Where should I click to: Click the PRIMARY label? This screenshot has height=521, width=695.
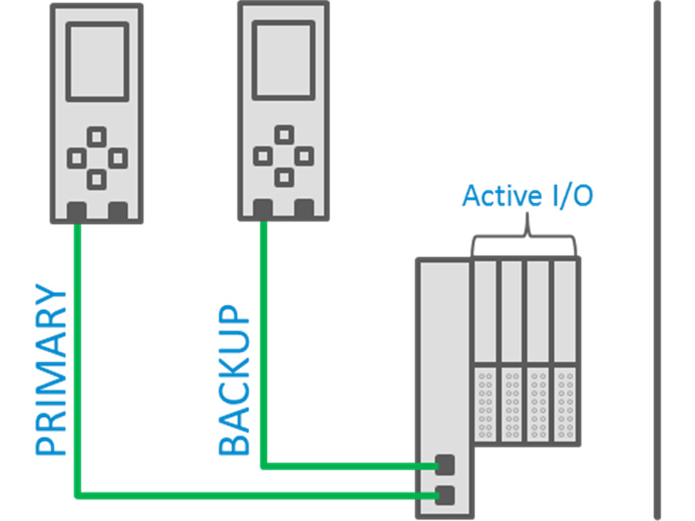coord(50,372)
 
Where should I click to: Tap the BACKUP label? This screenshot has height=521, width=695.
coord(234,379)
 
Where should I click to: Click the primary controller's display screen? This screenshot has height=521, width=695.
coord(97,61)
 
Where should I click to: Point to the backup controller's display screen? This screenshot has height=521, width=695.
coord(283,59)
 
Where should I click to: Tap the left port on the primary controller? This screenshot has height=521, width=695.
coord(76,210)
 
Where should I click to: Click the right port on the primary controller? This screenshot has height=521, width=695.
coord(118,210)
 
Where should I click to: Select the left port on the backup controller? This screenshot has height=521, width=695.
coord(263,208)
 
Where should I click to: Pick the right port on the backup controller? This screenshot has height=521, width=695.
coord(304,208)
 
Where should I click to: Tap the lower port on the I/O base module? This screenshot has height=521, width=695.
coord(445,496)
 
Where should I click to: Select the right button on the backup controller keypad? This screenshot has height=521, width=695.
coord(303,155)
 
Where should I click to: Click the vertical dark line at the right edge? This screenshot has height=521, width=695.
coord(657,260)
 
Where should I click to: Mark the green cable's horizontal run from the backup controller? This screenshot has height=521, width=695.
coord(347,465)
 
